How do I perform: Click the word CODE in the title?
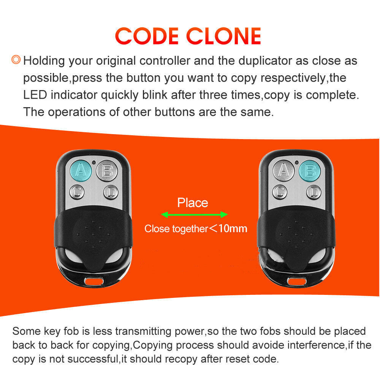click(x=147, y=36)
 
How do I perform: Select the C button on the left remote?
click(x=78, y=192)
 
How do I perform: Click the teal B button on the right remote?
click(x=310, y=171)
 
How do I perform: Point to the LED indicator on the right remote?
click(x=296, y=162)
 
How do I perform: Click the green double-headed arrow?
click(x=194, y=215)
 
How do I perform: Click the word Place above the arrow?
click(x=193, y=203)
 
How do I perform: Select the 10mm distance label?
click(x=232, y=228)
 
